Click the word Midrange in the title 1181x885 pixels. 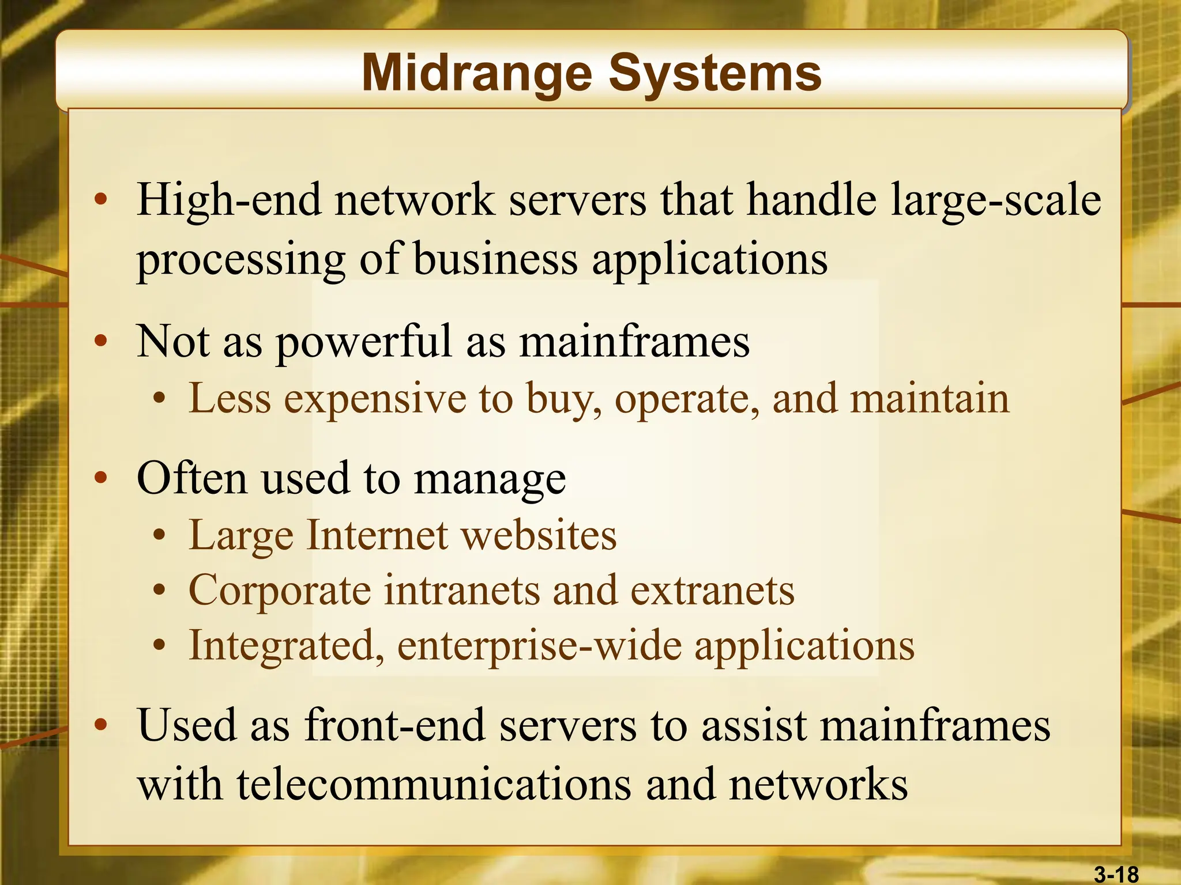click(x=477, y=74)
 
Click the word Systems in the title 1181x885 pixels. click(x=715, y=74)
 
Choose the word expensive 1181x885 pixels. click(x=375, y=399)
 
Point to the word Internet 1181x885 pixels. click(x=377, y=535)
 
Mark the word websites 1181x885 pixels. click(x=539, y=535)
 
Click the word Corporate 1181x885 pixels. click(x=280, y=591)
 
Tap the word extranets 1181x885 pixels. click(x=712, y=590)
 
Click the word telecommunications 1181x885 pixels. click(x=434, y=785)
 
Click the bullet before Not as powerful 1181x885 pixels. click(x=101, y=341)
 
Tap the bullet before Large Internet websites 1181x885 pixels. click(x=160, y=536)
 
